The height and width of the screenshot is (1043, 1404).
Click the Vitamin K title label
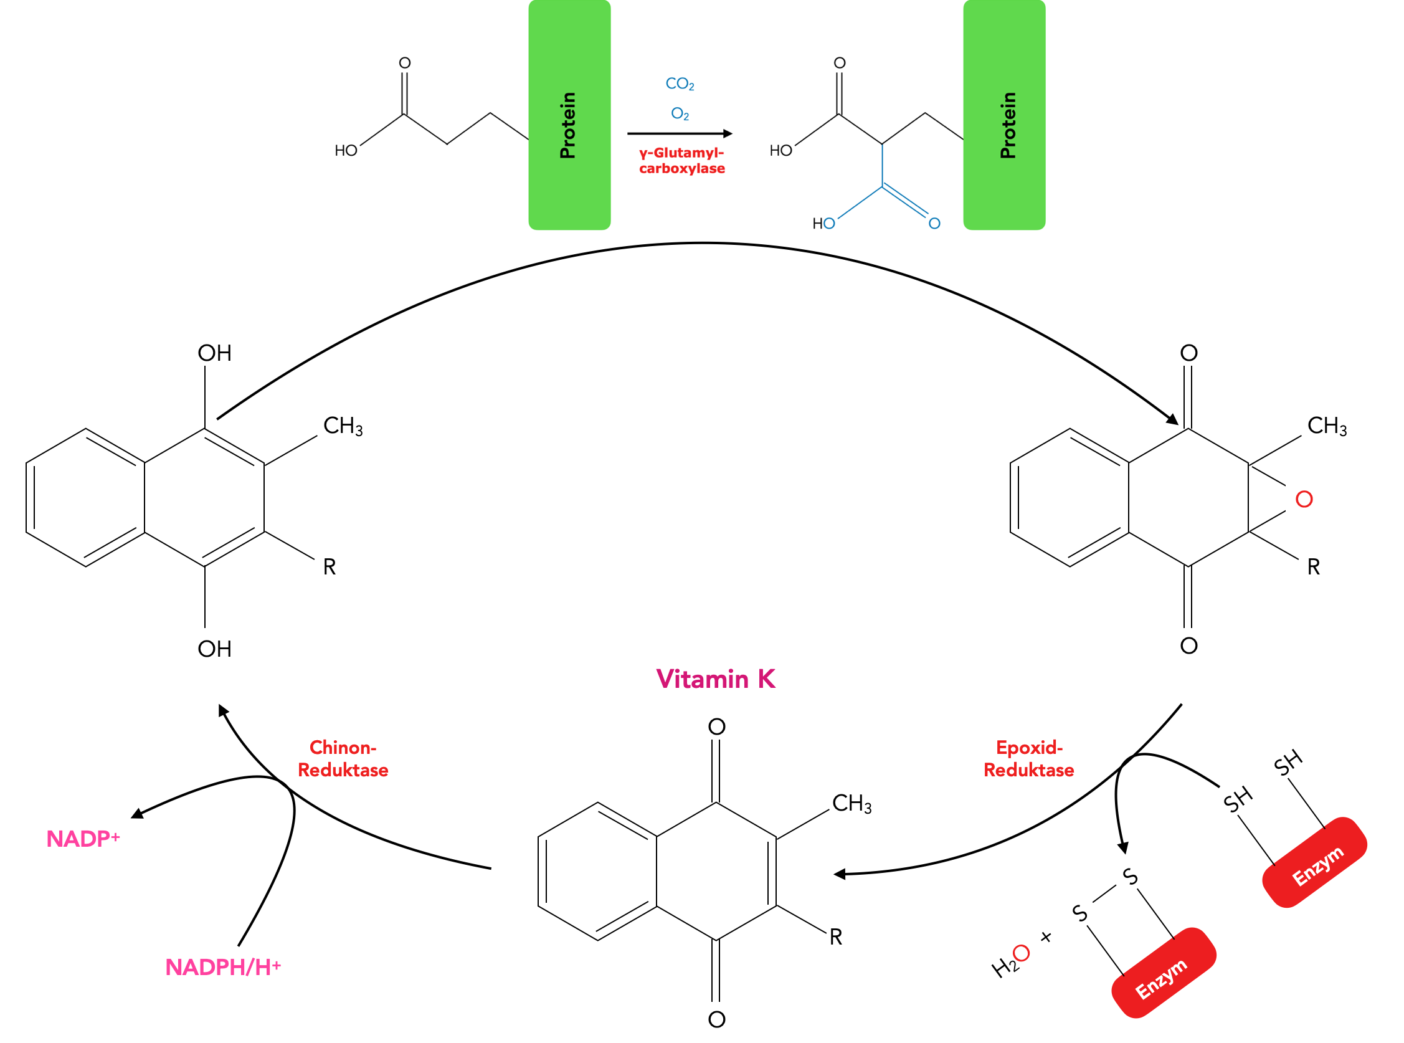coord(716,679)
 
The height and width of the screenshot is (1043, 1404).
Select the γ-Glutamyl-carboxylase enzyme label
coord(681,161)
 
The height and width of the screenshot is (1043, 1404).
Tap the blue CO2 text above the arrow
coord(680,84)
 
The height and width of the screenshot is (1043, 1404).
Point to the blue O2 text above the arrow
coord(680,114)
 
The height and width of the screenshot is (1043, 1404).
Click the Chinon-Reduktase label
coord(343,759)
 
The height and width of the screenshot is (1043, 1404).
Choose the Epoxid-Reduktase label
coord(1028,759)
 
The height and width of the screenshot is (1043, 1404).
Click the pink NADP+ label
coord(83,839)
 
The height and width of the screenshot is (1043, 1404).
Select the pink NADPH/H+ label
coord(223,967)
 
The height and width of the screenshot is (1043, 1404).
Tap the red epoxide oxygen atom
coord(1304,500)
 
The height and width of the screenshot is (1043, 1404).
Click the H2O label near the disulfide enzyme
coord(1010,962)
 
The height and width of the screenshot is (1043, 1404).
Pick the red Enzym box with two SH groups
coord(1314,863)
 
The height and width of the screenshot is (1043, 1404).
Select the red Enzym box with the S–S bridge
coord(1163,973)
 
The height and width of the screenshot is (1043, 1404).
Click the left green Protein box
coord(569,115)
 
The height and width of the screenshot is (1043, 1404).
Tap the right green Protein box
coord(1004,115)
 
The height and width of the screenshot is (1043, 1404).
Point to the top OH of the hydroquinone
coord(214,353)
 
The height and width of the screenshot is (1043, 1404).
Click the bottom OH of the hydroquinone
coord(214,649)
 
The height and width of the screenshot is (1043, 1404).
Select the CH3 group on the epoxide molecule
coord(1326,426)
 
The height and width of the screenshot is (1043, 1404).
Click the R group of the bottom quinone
coord(836,938)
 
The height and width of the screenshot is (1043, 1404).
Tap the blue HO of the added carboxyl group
coord(823,224)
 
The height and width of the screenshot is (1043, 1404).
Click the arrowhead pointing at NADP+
coord(137,814)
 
